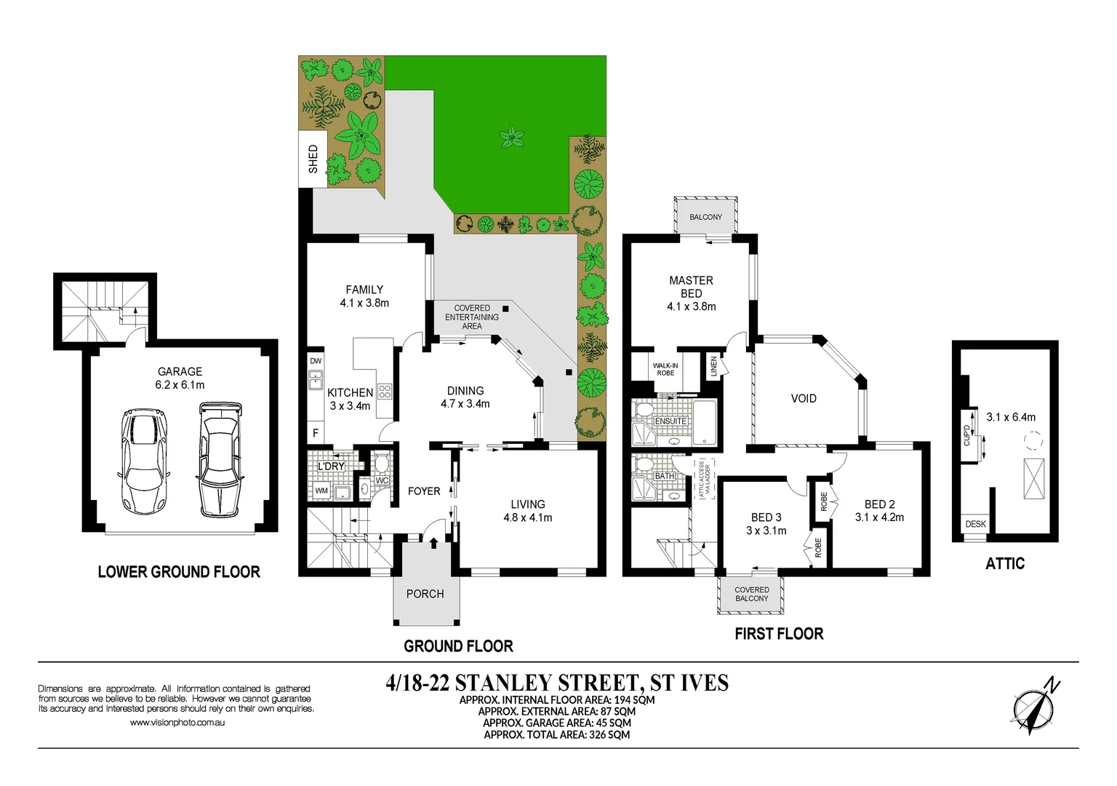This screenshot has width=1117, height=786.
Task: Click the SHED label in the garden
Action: [313, 159]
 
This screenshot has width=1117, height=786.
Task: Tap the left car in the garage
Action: [144, 461]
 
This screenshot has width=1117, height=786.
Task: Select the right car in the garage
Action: [219, 458]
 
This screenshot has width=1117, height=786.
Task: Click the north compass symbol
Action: [1035, 707]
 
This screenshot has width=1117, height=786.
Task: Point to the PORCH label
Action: [425, 594]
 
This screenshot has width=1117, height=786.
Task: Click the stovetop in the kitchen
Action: [385, 392]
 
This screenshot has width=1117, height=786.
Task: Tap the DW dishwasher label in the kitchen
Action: [316, 361]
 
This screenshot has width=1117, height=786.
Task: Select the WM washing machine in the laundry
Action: [321, 491]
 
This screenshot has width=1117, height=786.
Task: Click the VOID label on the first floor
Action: [804, 398]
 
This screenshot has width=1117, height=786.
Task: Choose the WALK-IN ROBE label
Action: [665, 369]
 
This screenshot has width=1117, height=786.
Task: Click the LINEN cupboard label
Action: [713, 365]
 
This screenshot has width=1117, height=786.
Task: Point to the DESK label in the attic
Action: [975, 524]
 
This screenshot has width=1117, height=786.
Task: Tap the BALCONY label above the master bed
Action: [705, 217]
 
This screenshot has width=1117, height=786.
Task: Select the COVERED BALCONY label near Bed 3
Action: [751, 594]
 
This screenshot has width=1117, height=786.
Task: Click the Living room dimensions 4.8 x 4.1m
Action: [528, 517]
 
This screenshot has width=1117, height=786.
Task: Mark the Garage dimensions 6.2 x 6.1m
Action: [180, 385]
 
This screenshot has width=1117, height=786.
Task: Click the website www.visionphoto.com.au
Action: [177, 723]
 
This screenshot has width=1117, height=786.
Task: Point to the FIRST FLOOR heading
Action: [779, 634]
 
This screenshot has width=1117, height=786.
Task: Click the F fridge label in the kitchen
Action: [316, 432]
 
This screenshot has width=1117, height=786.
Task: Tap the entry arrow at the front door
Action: [434, 542]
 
